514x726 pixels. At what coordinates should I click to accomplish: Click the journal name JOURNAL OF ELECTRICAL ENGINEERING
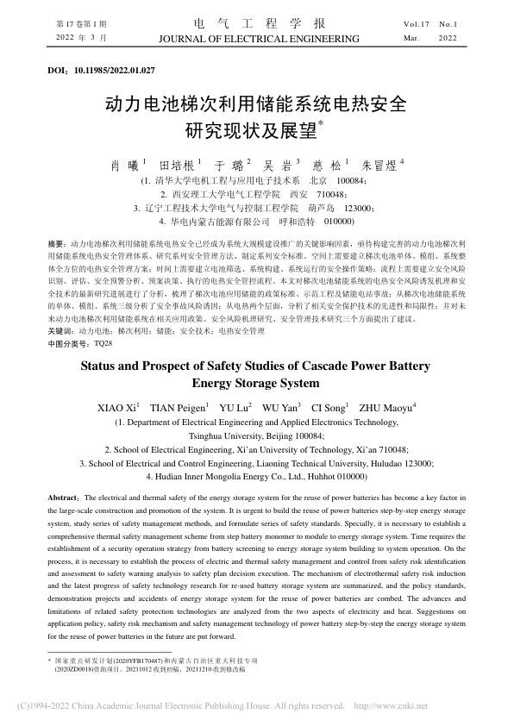257,40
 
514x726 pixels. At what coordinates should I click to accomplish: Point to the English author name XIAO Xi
118,407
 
